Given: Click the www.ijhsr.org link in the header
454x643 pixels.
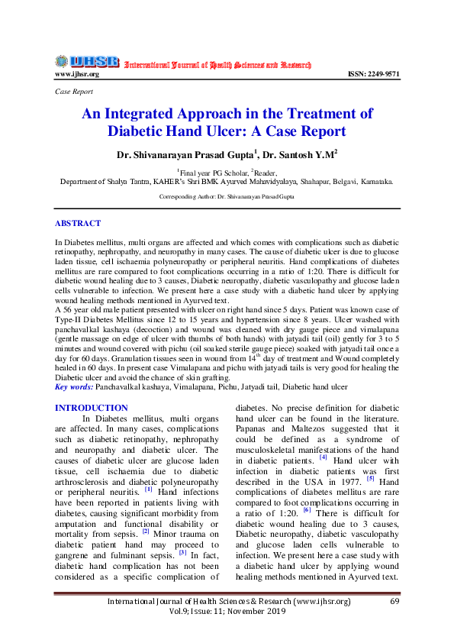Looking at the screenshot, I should pyautogui.click(x=76, y=74).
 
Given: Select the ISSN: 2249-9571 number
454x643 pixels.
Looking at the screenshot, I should pyautogui.click(x=373, y=74).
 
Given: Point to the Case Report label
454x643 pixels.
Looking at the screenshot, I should pyautogui.click(x=73, y=91).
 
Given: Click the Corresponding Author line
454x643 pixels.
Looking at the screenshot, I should pyautogui.click(x=227, y=196).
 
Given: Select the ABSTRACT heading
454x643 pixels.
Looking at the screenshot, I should pyautogui.click(x=77, y=223).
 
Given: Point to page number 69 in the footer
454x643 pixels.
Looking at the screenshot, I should pyautogui.click(x=394, y=602).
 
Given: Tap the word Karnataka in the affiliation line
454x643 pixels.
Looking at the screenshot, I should pyautogui.click(x=375, y=182).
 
